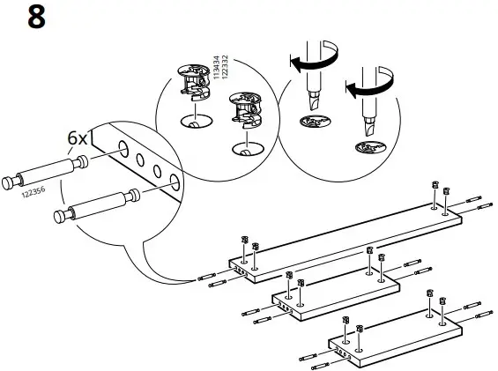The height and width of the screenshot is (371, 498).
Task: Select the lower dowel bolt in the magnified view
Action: point(94,206)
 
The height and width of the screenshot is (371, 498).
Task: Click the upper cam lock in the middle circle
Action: point(191,80)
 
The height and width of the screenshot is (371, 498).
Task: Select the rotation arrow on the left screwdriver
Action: point(308,63)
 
